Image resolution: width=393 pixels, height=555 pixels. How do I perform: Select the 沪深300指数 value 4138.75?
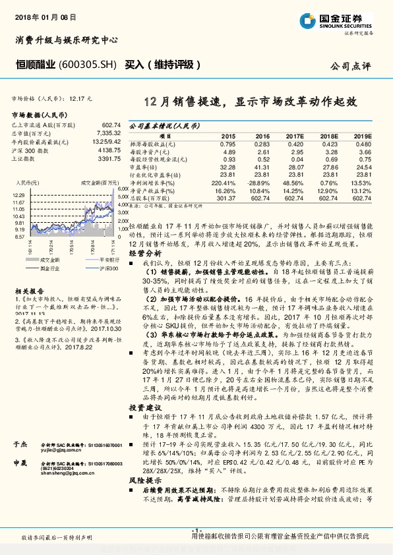[x=108, y=150]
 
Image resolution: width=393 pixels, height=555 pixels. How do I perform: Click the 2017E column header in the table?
[x=293, y=135]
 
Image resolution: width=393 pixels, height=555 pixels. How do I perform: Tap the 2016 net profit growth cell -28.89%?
[x=258, y=181]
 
